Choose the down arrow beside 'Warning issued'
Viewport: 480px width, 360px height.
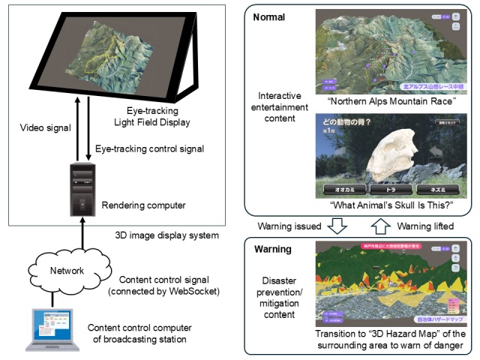[x=339, y=226]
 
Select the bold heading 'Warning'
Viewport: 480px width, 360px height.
[x=271, y=249]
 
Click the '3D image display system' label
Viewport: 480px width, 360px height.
[x=168, y=235]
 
